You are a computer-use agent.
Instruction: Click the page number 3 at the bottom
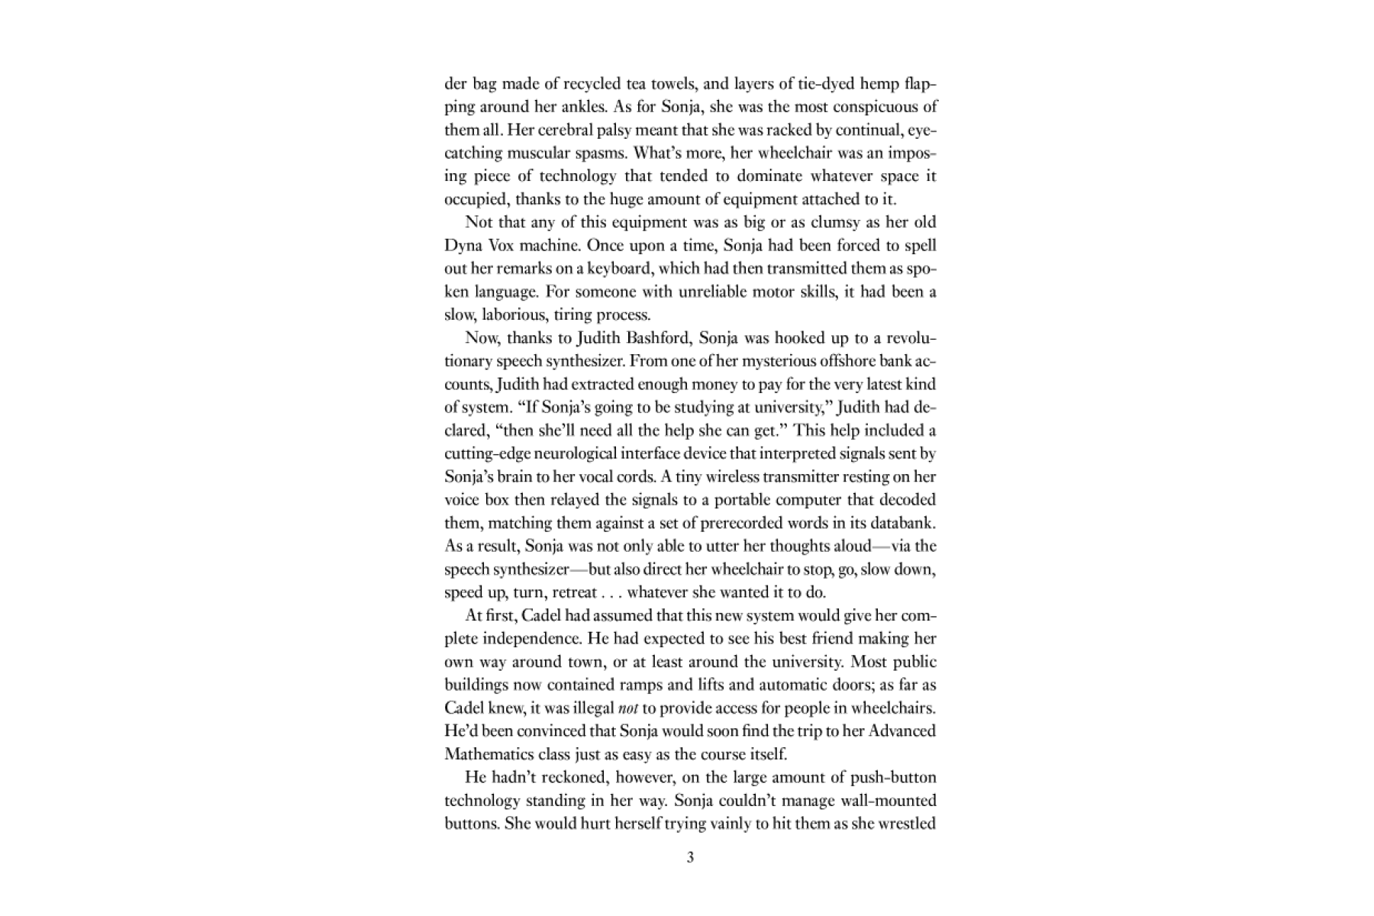pyautogui.click(x=690, y=857)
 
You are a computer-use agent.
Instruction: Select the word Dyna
pyautogui.click(x=461, y=246)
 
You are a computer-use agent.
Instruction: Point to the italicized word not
pyautogui.click(x=627, y=708)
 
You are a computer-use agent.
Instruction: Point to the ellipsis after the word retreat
pyautogui.click(x=611, y=593)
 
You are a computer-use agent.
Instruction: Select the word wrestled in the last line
pyautogui.click(x=908, y=824)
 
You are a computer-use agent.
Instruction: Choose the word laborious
pyautogui.click(x=513, y=314)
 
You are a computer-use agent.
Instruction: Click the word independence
pyautogui.click(x=534, y=638)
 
